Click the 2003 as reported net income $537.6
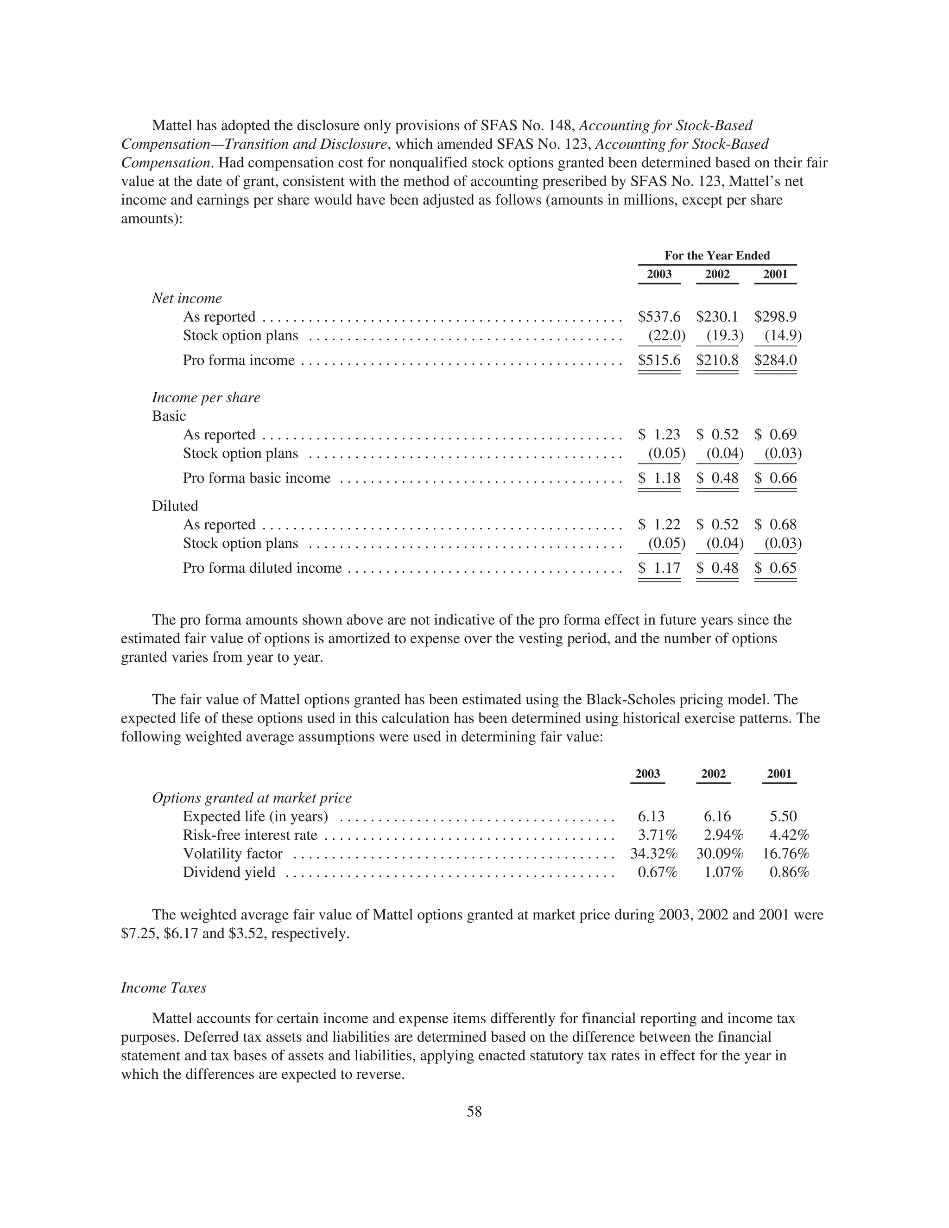(659, 316)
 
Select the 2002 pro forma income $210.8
(717, 360)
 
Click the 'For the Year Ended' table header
(717, 255)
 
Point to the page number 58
(474, 1112)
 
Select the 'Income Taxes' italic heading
(164, 988)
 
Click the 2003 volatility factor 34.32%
(653, 854)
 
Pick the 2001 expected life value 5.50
(783, 817)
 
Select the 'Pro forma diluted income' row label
(262, 568)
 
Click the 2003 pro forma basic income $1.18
(659, 478)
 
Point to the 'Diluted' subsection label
(175, 506)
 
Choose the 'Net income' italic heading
(187, 298)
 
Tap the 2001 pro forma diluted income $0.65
(775, 568)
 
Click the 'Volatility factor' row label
(232, 854)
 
